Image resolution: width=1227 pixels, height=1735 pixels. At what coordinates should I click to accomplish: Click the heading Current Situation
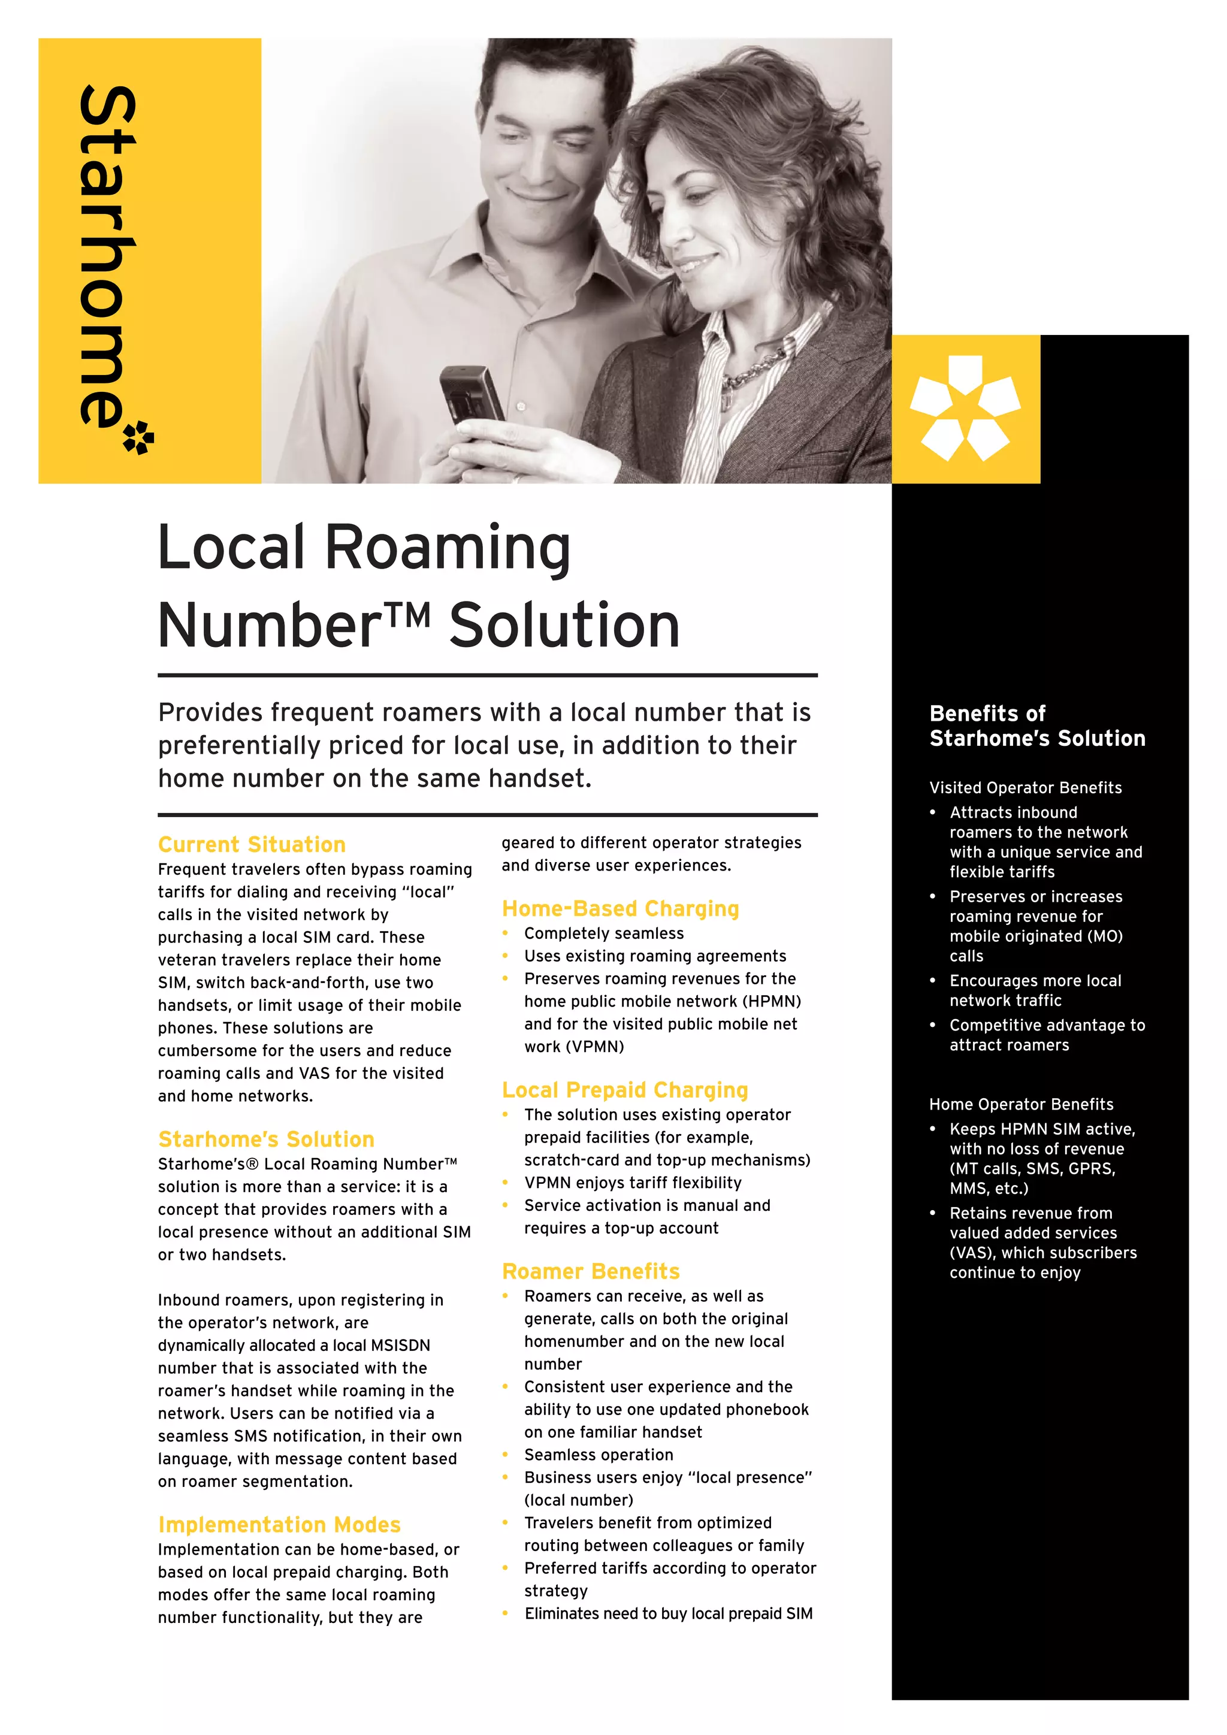(x=252, y=844)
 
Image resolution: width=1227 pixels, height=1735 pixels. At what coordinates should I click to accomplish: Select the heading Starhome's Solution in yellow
(x=266, y=1139)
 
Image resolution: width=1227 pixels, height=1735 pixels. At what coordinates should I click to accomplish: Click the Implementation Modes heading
(x=279, y=1524)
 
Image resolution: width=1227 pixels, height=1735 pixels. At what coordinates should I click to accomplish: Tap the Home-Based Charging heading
(x=620, y=908)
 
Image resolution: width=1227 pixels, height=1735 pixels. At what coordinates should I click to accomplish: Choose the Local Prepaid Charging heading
(x=625, y=1090)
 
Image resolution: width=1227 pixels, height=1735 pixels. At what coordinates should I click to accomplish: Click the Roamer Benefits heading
(x=591, y=1271)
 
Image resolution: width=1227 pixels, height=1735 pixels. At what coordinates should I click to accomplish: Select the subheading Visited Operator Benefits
(x=1025, y=787)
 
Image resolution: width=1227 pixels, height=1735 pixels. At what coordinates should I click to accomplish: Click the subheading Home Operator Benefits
(x=1021, y=1104)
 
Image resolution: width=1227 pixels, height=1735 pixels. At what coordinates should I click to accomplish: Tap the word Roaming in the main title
(x=448, y=548)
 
